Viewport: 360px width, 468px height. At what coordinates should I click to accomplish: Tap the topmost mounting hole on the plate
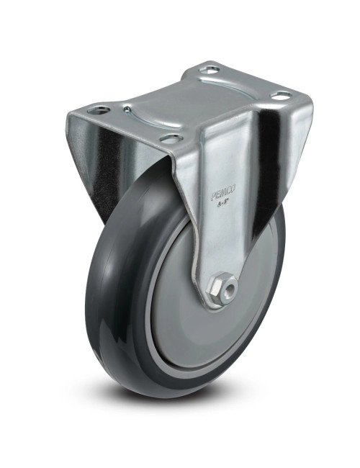(x=210, y=71)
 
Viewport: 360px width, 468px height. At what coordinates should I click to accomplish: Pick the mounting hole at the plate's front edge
(x=168, y=138)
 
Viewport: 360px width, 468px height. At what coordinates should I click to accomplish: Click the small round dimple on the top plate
(x=127, y=109)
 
